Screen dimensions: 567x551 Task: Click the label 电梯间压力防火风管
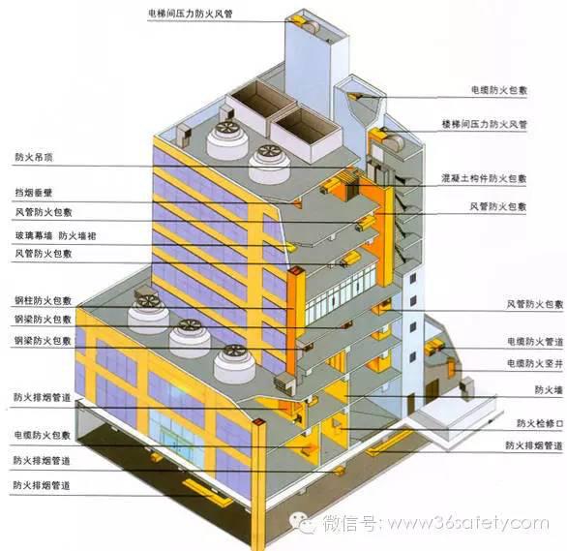pos(191,14)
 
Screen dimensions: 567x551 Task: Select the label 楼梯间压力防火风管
pos(485,125)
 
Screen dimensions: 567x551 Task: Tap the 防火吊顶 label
pos(34,157)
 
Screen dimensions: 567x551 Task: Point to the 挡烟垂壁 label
pos(34,193)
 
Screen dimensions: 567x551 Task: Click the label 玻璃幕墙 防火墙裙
pos(55,236)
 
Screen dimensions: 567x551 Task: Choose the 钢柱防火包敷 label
pos(43,300)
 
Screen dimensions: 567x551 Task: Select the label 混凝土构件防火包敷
pos(484,178)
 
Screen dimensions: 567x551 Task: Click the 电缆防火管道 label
pos(535,342)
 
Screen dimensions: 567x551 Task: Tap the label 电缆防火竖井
pos(535,363)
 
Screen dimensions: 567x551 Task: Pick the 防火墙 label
pos(549,390)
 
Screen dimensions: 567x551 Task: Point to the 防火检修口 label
pos(540,423)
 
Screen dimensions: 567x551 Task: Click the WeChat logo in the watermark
pos(302,523)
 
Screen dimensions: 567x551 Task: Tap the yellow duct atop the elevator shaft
pos(298,20)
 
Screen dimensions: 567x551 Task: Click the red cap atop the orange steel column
pos(296,270)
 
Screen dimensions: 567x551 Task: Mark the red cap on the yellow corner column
pos(259,421)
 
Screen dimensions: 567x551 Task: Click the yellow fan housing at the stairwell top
pos(377,136)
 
